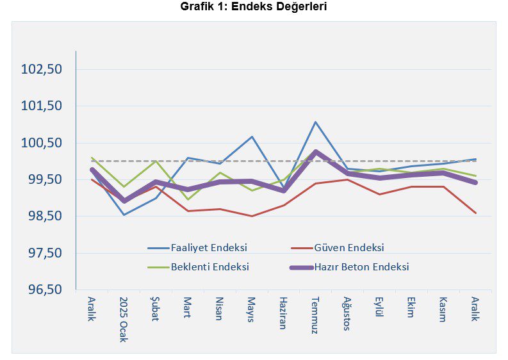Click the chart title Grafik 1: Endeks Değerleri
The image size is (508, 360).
tap(253, 6)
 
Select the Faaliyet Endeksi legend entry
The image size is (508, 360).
tap(197, 248)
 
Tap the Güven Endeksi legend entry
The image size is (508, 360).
tap(337, 248)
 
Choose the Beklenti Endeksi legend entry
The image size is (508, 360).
tap(199, 267)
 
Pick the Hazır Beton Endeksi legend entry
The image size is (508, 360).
tap(349, 267)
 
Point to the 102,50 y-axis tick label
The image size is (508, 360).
tap(41, 69)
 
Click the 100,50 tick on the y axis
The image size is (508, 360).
tap(41, 143)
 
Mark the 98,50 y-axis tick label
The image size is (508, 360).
tap(45, 216)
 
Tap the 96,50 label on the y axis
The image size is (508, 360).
tap(45, 289)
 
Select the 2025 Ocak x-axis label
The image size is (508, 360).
tap(124, 320)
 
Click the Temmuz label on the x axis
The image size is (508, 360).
tap(315, 315)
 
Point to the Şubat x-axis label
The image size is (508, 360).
tap(155, 309)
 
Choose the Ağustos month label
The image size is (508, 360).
tap(347, 314)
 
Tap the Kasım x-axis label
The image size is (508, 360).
tap(443, 309)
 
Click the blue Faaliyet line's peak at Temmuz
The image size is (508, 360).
tap(315, 122)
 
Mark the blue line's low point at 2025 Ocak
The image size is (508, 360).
tap(124, 215)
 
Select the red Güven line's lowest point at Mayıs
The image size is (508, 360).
tap(252, 216)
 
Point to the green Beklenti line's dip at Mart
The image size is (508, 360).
tap(188, 200)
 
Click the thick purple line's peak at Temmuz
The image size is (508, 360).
tap(315, 152)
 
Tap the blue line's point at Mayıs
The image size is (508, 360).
tap(252, 136)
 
